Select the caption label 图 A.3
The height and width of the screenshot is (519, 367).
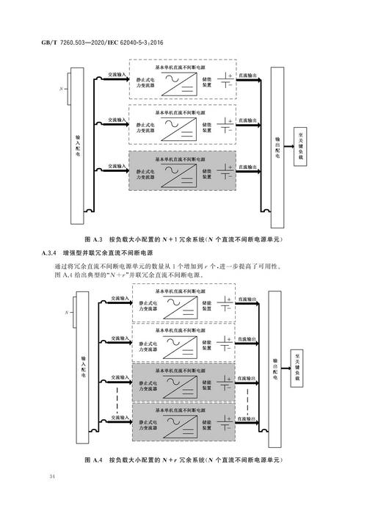(94, 239)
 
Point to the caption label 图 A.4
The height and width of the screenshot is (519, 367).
(94, 460)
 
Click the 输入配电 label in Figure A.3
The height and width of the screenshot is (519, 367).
(78, 146)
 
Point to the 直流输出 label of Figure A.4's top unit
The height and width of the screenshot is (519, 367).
(248, 300)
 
